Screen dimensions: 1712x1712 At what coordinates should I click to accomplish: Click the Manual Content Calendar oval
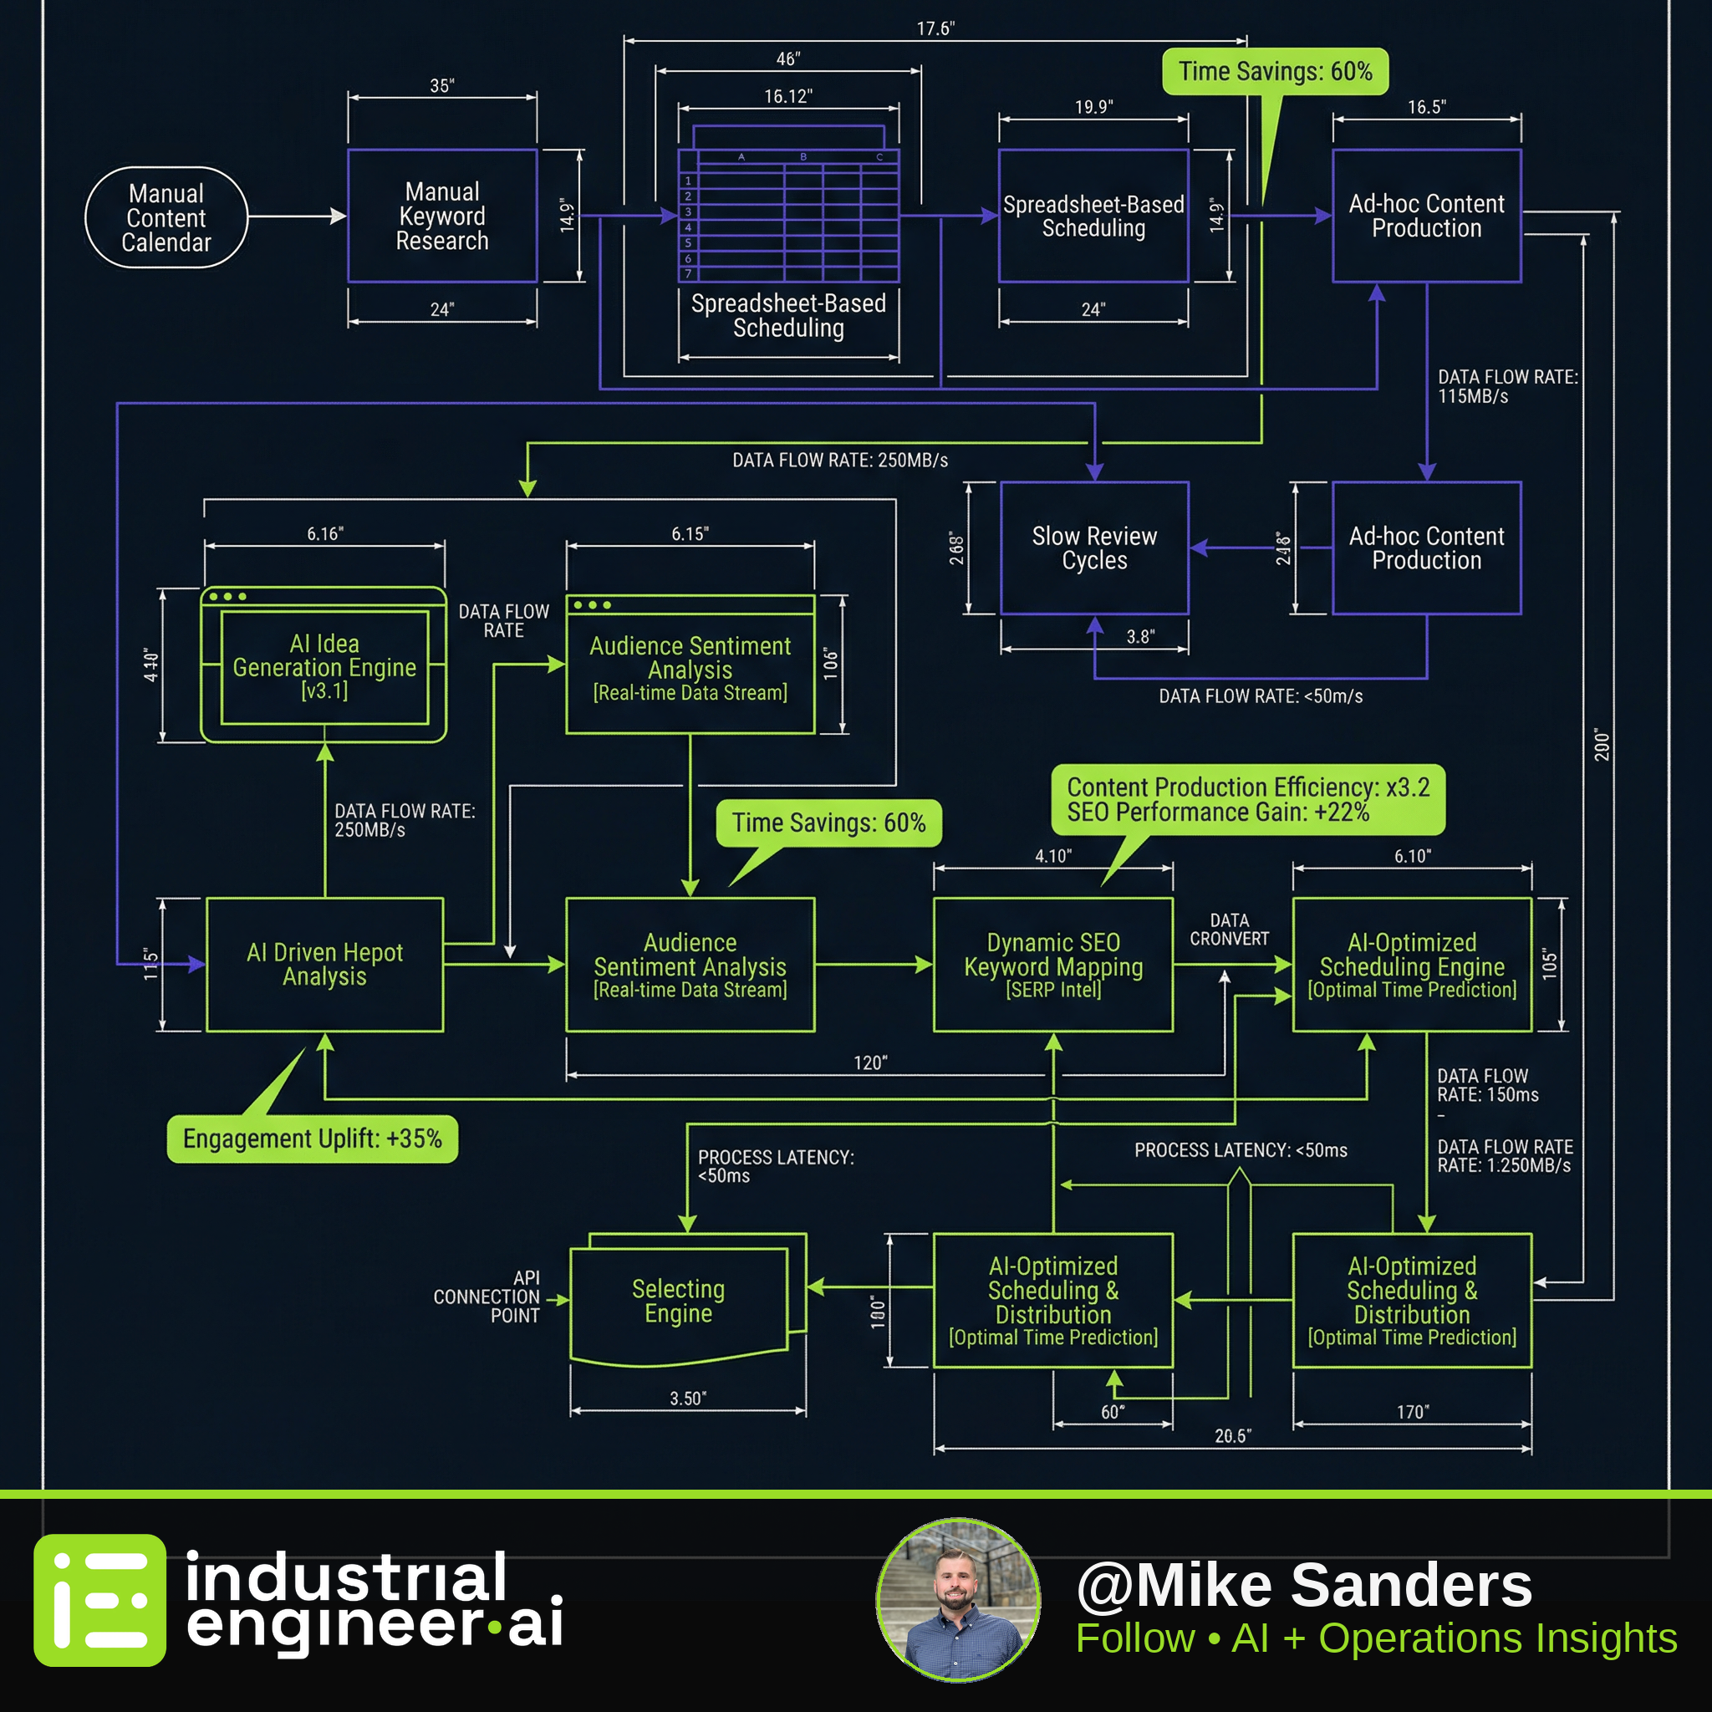click(166, 217)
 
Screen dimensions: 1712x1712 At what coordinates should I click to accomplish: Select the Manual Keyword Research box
click(442, 217)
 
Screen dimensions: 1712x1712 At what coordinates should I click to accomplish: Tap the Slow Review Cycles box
click(1094, 548)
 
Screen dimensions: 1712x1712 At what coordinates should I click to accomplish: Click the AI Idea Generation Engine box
click(324, 665)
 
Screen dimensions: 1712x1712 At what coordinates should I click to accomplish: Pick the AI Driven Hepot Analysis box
click(324, 964)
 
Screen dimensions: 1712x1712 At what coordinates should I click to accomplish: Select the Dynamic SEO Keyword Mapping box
click(1052, 964)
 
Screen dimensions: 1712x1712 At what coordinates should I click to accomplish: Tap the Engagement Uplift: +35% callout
click(312, 1138)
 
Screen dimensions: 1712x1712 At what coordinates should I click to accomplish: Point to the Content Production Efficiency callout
click(1248, 799)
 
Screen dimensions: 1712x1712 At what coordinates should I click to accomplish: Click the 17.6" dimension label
click(935, 29)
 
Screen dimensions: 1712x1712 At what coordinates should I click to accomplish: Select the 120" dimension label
click(870, 1063)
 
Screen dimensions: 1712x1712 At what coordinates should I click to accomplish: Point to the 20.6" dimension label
click(1233, 1436)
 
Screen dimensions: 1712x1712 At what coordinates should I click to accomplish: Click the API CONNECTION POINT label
click(487, 1297)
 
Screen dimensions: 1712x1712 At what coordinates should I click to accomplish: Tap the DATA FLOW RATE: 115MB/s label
click(1507, 386)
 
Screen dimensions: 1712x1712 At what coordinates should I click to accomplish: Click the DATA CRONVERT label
click(1229, 930)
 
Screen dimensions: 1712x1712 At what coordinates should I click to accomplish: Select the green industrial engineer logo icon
click(99, 1600)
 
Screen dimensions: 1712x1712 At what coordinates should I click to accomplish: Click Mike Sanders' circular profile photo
click(958, 1600)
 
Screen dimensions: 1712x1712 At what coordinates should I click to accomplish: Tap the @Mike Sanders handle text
click(1303, 1584)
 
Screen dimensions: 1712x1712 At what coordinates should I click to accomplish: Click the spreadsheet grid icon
click(788, 205)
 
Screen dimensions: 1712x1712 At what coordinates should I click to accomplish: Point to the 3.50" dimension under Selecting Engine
click(688, 1399)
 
